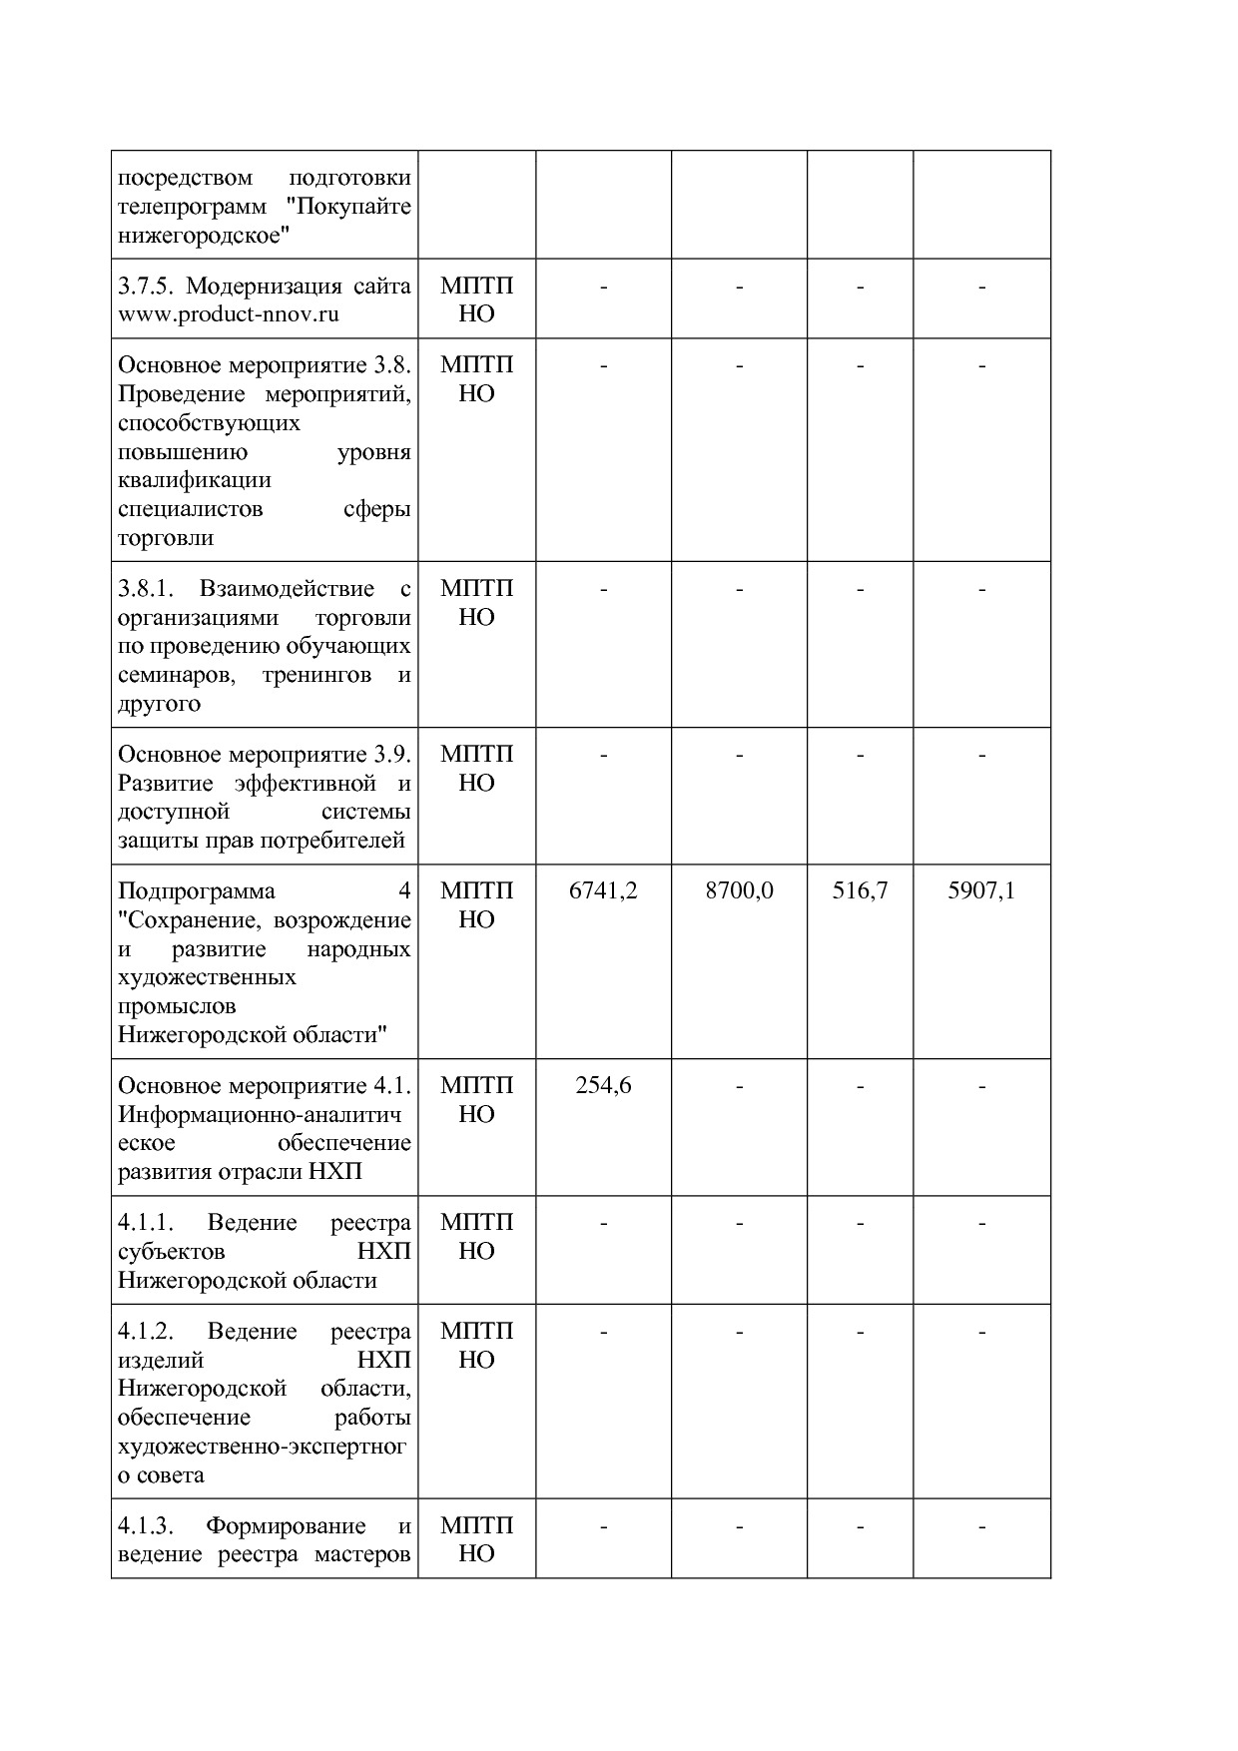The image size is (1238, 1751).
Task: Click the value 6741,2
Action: point(603,890)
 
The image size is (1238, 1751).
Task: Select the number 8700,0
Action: point(739,890)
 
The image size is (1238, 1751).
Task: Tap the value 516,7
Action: point(860,890)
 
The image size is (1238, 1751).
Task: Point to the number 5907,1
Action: point(981,890)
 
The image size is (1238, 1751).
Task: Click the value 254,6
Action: point(603,1085)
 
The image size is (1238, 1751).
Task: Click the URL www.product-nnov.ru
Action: point(229,314)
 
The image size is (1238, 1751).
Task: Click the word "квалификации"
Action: point(195,479)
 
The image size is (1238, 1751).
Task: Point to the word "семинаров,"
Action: point(177,675)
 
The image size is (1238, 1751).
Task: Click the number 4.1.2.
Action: point(146,1331)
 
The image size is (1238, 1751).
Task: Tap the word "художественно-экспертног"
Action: point(262,1446)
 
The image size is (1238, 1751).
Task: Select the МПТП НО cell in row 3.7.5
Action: point(476,299)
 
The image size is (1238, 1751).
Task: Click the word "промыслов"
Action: point(177,1005)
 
